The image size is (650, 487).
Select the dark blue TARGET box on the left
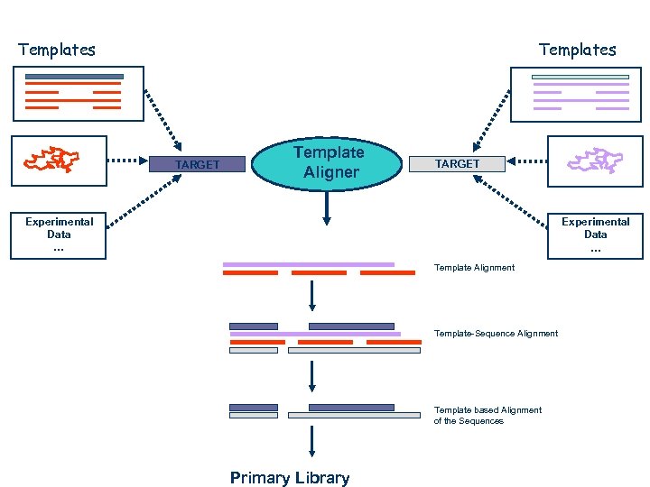197,164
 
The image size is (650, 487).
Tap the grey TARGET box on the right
458,163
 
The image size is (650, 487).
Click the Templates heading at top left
57,50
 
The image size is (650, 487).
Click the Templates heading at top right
577,50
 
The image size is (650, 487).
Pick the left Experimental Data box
59,234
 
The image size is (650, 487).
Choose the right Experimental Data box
595,234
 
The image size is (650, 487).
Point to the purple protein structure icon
595,161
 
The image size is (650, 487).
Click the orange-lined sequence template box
77,92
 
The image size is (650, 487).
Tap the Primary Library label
289,478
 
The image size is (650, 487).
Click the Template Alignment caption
474,267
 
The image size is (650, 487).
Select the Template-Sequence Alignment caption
496,334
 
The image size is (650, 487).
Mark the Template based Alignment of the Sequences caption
487,416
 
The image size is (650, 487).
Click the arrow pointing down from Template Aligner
327,210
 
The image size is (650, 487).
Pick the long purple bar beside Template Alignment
309,264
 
